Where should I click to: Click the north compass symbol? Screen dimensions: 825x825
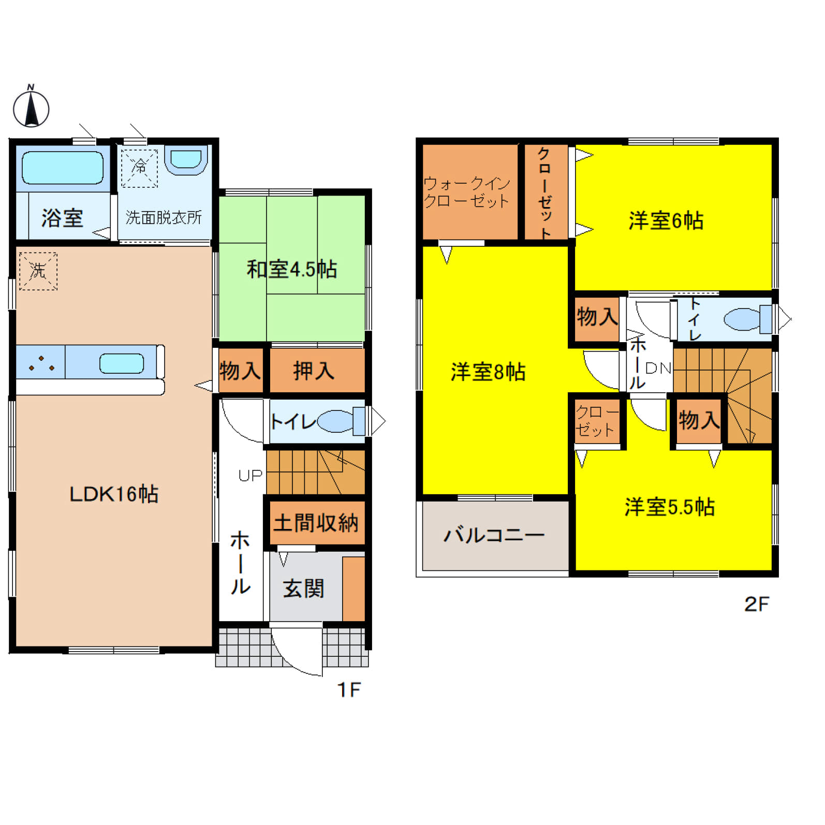(x=31, y=107)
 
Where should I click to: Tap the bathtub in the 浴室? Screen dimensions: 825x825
(x=63, y=168)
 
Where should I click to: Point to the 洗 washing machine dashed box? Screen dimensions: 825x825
(x=38, y=271)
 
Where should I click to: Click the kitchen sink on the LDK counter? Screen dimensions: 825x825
(x=122, y=364)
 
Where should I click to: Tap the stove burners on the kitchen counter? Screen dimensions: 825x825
(x=41, y=363)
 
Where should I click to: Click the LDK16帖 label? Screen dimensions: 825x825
(x=114, y=494)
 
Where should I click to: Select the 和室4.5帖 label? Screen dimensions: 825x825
(x=292, y=269)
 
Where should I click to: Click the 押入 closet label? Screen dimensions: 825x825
(x=314, y=371)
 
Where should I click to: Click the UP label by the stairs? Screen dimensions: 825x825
(x=251, y=475)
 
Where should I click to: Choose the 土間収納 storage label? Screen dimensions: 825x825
(x=316, y=523)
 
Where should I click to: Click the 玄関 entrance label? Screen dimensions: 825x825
(x=303, y=588)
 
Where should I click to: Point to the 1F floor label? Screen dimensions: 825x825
(x=349, y=689)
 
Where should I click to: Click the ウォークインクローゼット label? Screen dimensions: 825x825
(x=467, y=192)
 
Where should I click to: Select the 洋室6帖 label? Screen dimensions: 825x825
(x=666, y=220)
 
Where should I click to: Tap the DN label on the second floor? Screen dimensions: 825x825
(x=658, y=368)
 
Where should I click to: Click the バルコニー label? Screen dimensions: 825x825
(x=494, y=535)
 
